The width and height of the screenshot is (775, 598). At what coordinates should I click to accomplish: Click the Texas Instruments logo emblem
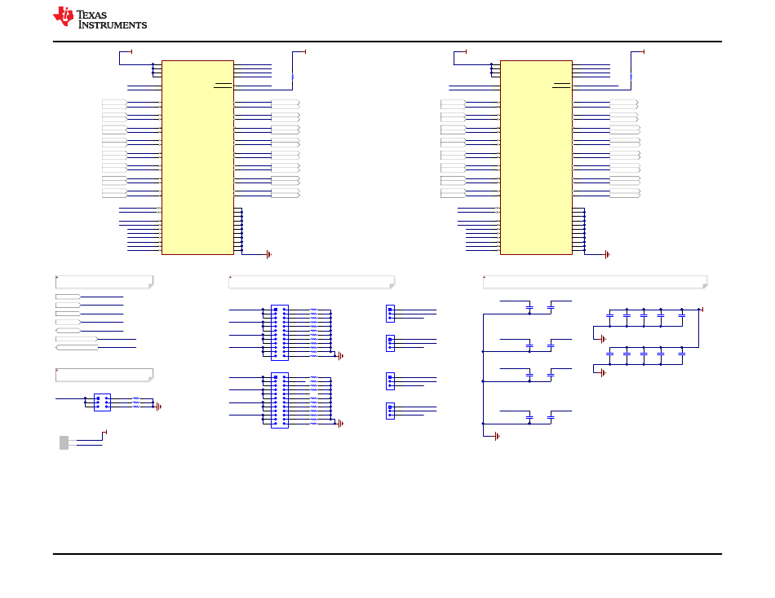click(x=64, y=15)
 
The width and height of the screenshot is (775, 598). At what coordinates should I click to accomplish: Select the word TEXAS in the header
click(x=92, y=15)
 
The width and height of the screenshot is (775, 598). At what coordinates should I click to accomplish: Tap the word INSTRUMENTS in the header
click(x=113, y=24)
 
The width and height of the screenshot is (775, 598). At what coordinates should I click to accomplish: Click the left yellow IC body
click(x=197, y=157)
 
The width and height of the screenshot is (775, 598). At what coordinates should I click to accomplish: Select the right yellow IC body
click(x=536, y=157)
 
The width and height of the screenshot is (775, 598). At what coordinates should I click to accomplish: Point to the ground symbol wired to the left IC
click(x=269, y=255)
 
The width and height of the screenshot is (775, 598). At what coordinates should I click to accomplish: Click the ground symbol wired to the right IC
click(x=608, y=255)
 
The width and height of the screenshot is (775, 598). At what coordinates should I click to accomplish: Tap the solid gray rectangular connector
click(x=64, y=443)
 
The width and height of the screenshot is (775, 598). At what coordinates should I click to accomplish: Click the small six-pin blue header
click(x=102, y=402)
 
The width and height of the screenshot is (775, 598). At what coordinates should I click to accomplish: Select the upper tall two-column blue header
click(x=280, y=333)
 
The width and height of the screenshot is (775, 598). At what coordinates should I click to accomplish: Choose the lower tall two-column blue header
click(x=280, y=401)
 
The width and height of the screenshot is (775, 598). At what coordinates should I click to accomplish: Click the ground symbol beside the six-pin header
click(x=158, y=407)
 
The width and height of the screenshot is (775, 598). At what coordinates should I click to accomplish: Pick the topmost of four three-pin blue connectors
click(x=390, y=314)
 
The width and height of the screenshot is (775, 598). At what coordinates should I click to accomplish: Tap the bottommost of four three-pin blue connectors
click(x=390, y=411)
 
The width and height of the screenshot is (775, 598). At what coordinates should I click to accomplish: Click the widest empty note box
click(x=595, y=282)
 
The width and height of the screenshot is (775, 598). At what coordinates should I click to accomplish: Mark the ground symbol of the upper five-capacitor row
click(x=603, y=339)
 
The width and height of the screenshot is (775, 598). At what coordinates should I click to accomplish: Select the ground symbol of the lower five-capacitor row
click(x=603, y=373)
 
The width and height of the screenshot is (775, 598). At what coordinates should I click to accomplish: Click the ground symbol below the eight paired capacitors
click(x=498, y=437)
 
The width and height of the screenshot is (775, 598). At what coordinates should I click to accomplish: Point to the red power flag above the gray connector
click(x=104, y=433)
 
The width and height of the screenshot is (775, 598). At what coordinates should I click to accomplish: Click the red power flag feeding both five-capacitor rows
click(x=701, y=310)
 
